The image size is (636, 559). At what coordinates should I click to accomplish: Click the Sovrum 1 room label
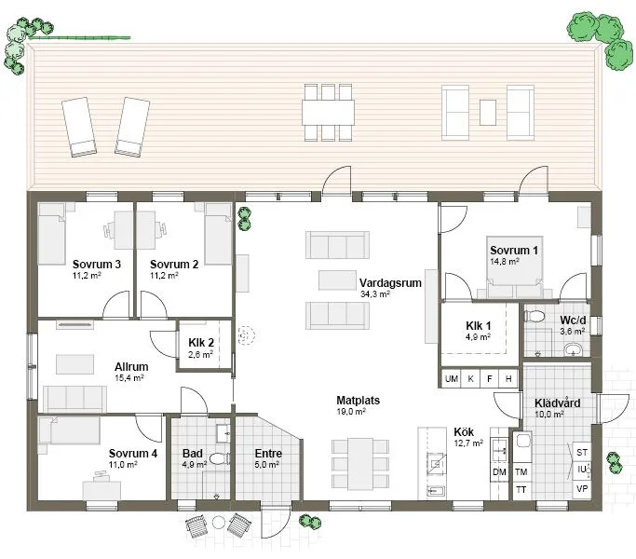click(x=514, y=251)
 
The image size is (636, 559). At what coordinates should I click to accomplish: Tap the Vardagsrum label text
click(x=386, y=281)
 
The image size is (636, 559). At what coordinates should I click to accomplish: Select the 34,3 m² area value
click(x=374, y=293)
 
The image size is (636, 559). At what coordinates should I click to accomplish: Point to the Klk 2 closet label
click(x=201, y=343)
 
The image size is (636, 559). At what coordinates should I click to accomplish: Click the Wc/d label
click(x=572, y=317)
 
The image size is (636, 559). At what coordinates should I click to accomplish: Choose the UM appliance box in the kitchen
click(x=451, y=379)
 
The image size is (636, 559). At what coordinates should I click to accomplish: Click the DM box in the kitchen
click(x=499, y=472)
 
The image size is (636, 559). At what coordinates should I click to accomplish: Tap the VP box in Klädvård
click(x=583, y=489)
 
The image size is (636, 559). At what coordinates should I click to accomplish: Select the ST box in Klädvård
click(x=583, y=452)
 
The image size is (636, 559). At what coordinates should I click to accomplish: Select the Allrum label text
click(x=131, y=367)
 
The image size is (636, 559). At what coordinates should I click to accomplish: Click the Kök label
click(x=465, y=432)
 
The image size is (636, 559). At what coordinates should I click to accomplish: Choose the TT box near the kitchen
click(x=521, y=489)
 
